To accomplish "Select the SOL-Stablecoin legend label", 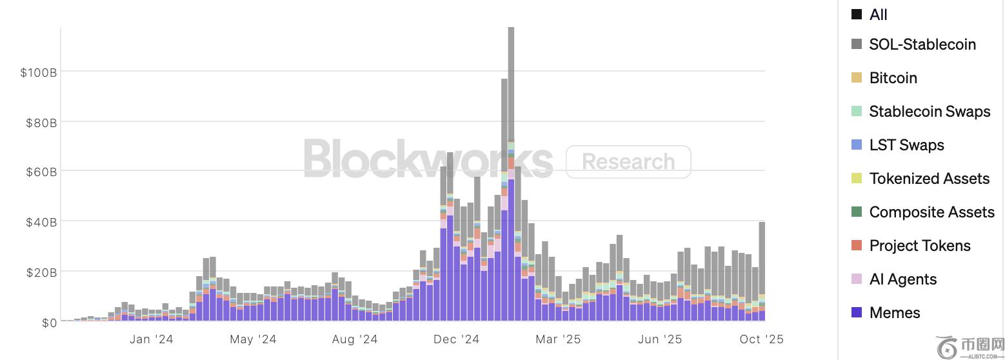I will pos(922,45).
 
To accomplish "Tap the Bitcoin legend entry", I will pos(893,78).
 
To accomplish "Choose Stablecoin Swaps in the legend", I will pos(929,112).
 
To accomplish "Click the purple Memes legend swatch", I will pos(857,313).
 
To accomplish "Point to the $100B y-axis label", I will pos(39,72).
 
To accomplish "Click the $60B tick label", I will pos(41,172).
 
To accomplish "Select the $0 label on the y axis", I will pos(49,323).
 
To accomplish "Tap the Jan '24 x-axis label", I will pos(151,339).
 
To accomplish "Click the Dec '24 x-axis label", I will pos(456,339).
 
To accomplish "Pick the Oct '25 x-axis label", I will pos(761,339).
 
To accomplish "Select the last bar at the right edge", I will pos(762,271).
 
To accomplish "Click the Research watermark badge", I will pos(628,162).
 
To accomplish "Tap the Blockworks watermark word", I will pos(428,159).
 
